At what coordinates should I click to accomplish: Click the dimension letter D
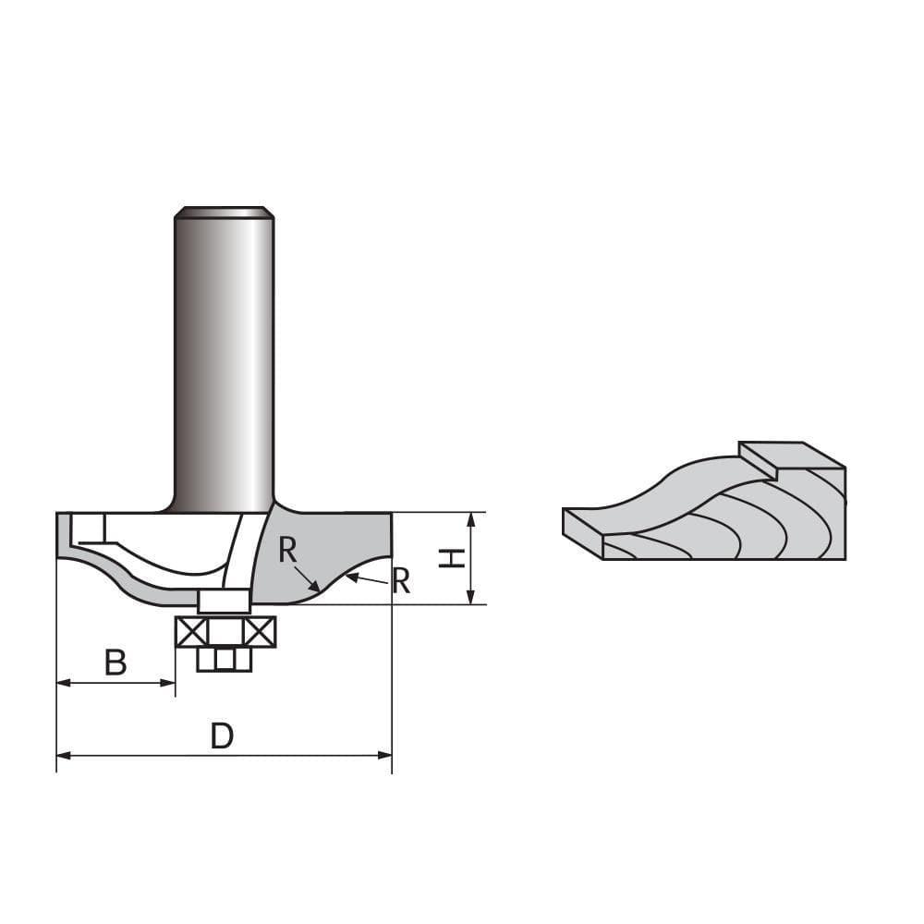(x=222, y=736)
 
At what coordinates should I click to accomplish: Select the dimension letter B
(x=115, y=663)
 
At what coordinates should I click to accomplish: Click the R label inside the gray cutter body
(x=288, y=552)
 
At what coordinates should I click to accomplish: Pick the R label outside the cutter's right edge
(x=401, y=581)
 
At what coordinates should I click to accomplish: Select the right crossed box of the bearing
(x=260, y=632)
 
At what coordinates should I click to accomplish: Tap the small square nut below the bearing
(x=225, y=659)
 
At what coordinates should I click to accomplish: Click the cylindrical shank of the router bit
(x=225, y=360)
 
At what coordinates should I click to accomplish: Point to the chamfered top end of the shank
(x=225, y=213)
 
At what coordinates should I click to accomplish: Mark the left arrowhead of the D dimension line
(x=63, y=756)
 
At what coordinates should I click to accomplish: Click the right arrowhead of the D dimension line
(x=385, y=756)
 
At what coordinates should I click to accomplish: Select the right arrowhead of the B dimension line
(x=169, y=683)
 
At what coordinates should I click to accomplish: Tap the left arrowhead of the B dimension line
(x=63, y=683)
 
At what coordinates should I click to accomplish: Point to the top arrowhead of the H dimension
(x=471, y=518)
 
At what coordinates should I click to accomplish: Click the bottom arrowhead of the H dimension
(x=471, y=598)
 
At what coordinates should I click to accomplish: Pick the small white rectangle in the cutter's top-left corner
(x=91, y=528)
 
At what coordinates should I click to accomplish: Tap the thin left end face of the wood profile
(x=582, y=533)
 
